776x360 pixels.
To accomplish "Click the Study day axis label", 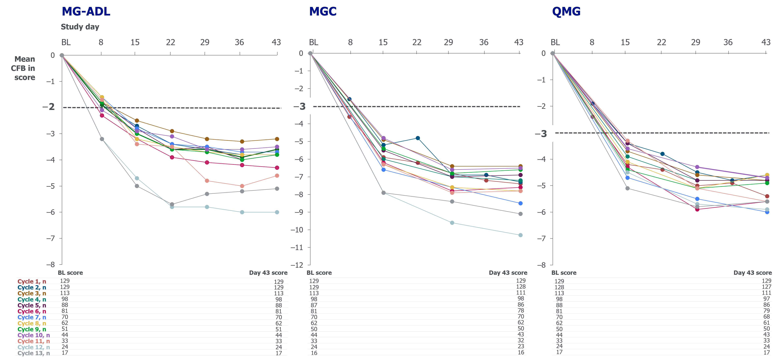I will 80,27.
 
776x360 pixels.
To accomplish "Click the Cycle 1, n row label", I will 32,281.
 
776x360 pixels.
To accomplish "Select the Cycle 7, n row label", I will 32,317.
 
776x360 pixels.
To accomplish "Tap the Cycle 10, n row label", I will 33,335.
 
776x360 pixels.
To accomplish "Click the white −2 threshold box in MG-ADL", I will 48,107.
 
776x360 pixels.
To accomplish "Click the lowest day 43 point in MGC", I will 520,235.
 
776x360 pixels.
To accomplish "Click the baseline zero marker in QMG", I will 553,53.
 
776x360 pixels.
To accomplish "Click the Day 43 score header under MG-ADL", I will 268,273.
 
